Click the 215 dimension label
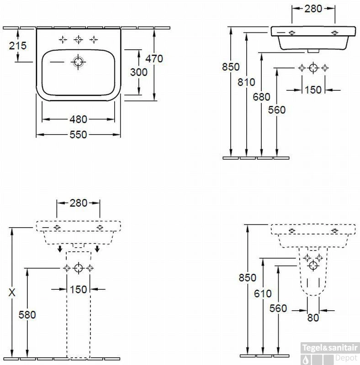pos(18,46)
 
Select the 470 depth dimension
pos(154,59)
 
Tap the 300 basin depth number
pos(139,72)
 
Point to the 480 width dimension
pos(78,120)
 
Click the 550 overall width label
pos(78,135)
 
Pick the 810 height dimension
pos(246,82)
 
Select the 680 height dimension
pos(262,97)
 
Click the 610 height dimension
pos(263,293)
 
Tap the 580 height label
pos(27,315)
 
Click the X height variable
pos(12,292)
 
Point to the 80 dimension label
pos(313,318)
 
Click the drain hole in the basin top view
pos(78,62)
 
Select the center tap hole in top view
pos(78,40)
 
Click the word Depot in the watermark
pos(346,358)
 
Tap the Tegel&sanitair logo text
pos(330,348)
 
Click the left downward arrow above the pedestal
pos(60,248)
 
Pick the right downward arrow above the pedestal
pos(97,248)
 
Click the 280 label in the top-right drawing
pos(313,9)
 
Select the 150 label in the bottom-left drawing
pos(78,290)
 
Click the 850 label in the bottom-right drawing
pos(247,278)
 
